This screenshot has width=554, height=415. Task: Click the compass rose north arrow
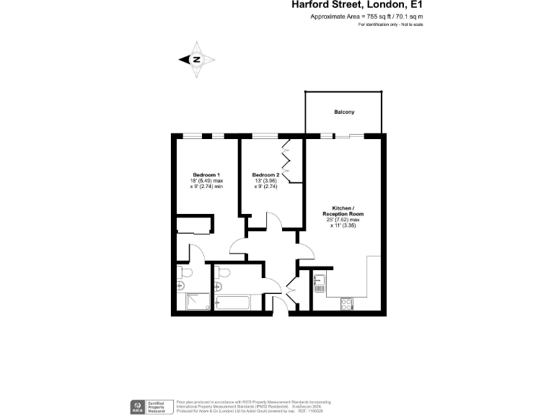(197, 60)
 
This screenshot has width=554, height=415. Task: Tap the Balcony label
(343, 112)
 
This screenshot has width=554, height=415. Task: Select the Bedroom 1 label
(206, 175)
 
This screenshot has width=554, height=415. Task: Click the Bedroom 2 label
(265, 175)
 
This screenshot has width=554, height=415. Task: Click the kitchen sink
(320, 282)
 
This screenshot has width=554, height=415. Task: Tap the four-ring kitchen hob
(346, 304)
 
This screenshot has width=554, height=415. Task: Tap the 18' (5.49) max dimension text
(206, 181)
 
